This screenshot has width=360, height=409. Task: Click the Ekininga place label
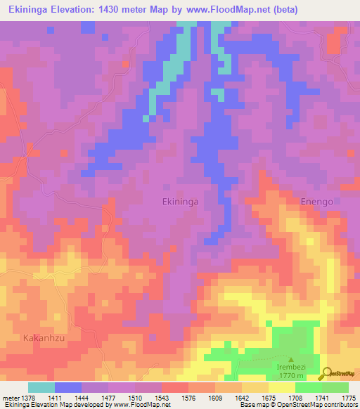[181, 201]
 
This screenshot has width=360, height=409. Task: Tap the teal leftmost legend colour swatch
[41, 387]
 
